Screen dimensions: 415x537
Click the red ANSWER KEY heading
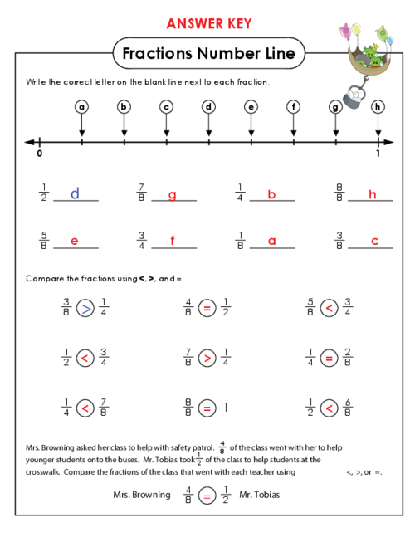(209, 23)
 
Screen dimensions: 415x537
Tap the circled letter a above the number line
(81, 107)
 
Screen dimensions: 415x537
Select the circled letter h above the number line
(378, 107)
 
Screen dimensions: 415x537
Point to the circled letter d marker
(208, 107)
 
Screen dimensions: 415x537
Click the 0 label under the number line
(40, 153)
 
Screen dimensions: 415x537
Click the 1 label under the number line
(378, 153)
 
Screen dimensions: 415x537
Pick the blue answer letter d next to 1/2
(75, 193)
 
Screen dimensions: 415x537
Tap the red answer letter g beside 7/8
(173, 195)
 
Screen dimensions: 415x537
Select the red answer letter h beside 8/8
(372, 194)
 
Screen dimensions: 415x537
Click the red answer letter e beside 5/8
(75, 241)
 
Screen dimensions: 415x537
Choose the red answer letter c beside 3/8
(374, 241)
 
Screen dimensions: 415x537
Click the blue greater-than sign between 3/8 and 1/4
(85, 308)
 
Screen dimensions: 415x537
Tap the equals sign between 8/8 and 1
(207, 408)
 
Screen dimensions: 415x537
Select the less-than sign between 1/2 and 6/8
(329, 408)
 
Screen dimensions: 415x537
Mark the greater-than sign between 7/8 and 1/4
(207, 359)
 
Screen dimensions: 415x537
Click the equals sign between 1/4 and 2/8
(329, 359)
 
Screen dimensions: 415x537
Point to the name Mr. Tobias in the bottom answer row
(259, 495)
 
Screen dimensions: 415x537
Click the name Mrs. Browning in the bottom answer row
(142, 495)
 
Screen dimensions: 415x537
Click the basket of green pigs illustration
(368, 58)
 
